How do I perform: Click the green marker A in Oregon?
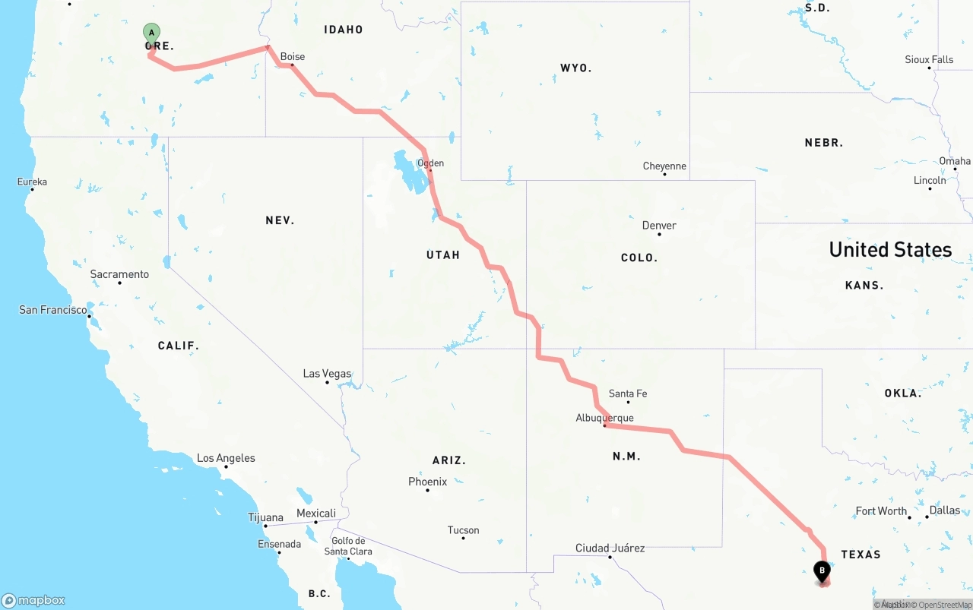[152, 33]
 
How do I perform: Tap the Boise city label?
[293, 57]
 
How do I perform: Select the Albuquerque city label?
[604, 418]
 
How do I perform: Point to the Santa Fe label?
[628, 393]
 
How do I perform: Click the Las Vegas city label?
[327, 374]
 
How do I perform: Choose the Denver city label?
[659, 226]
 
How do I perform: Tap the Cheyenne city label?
[664, 166]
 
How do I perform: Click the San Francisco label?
[53, 310]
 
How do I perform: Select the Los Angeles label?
[226, 458]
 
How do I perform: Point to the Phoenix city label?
[427, 482]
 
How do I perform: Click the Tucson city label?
[464, 530]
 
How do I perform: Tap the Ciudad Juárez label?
[610, 548]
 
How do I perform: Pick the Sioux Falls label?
[929, 59]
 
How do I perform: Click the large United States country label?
[890, 250]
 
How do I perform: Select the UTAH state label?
[443, 255]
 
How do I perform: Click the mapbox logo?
[33, 600]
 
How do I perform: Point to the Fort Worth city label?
[881, 511]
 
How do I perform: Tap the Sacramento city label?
[119, 274]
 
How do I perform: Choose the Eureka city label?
[33, 182]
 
